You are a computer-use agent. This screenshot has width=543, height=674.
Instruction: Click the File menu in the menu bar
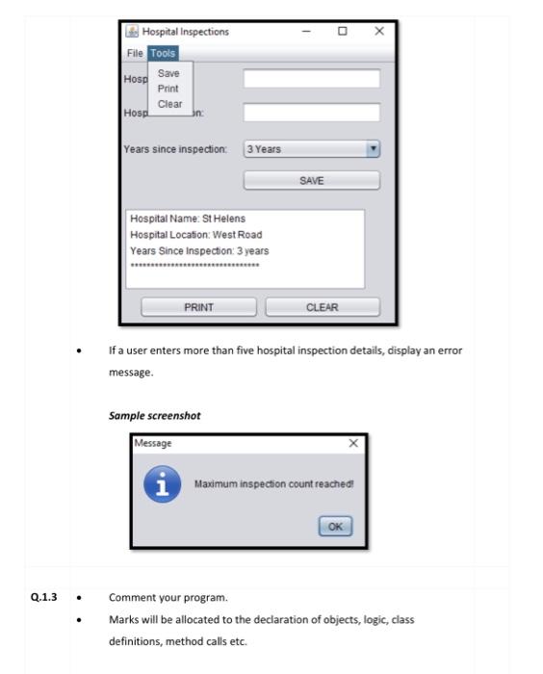click(x=135, y=53)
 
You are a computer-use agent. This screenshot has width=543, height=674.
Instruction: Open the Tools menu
click(x=163, y=53)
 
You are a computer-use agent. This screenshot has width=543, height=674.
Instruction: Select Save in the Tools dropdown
click(x=168, y=73)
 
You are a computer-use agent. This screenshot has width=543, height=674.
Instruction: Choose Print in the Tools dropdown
click(x=168, y=89)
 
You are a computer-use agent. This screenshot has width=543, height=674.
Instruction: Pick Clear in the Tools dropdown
click(x=169, y=104)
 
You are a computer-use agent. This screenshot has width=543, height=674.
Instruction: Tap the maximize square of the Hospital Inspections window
click(x=343, y=32)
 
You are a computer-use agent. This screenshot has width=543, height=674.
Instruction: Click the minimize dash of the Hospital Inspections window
click(x=306, y=32)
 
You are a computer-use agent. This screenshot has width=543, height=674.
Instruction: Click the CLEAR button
click(x=322, y=307)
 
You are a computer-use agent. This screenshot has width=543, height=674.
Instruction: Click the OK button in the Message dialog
click(x=335, y=527)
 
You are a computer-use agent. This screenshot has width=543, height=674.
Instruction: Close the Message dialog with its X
click(x=353, y=443)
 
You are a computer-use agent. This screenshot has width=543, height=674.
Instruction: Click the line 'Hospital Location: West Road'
click(x=195, y=235)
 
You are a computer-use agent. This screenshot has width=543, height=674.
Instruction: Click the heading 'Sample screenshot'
click(x=154, y=414)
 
